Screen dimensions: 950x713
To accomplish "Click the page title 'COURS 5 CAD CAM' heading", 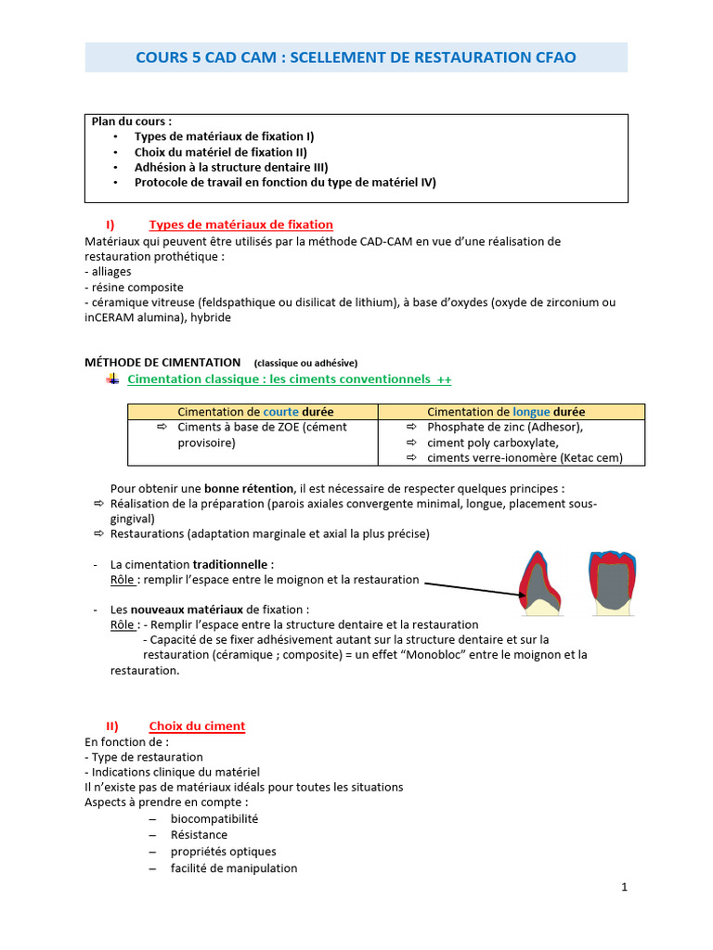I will click(x=356, y=58).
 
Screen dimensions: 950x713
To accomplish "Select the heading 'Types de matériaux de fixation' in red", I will click(x=240, y=225).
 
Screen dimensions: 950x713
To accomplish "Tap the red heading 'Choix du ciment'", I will click(x=197, y=725).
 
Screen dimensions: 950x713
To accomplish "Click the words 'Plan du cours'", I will click(x=131, y=122).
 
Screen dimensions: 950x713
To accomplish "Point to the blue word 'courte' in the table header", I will click(x=281, y=411).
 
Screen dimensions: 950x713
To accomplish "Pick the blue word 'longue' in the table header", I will click(x=531, y=411).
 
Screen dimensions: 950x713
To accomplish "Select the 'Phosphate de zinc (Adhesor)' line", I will click(x=504, y=427).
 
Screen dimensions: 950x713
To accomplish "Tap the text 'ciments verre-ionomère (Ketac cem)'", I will click(x=525, y=457).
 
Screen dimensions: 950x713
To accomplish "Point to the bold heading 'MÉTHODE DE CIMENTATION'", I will click(x=162, y=362).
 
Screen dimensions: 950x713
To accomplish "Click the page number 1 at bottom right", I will click(x=625, y=887).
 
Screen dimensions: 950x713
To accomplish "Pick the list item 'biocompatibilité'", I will click(x=214, y=818).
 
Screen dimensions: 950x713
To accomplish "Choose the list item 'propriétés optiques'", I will click(x=223, y=852).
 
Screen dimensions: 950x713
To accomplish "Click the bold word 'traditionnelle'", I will click(x=231, y=564).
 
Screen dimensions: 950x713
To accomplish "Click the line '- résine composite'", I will click(x=134, y=287).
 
